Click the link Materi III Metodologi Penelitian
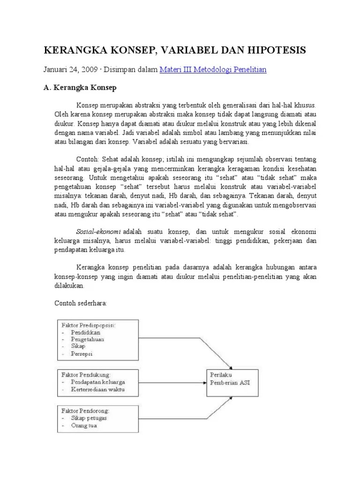213,70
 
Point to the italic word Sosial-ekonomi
98,232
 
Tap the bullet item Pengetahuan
88,339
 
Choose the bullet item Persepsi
82,354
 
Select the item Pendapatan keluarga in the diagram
98,382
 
